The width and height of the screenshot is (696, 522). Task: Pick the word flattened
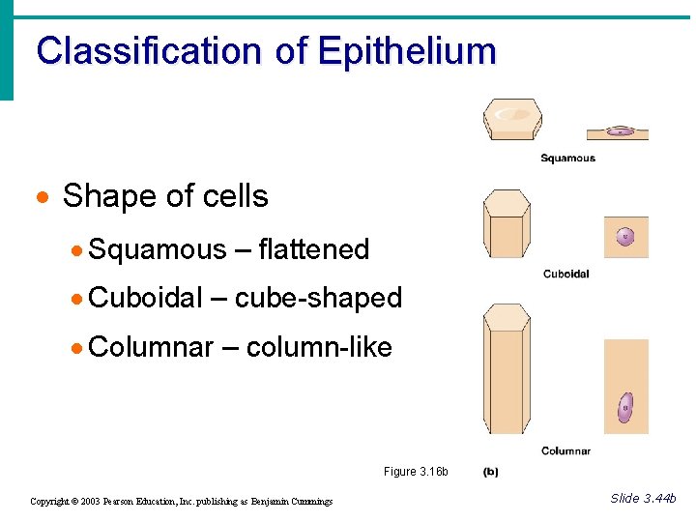point(314,249)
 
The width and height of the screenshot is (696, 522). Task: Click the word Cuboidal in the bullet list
point(145,298)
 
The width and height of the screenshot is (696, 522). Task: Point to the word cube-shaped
point(318,298)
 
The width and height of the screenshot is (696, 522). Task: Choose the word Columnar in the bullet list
point(150,346)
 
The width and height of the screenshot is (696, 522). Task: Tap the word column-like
point(319,346)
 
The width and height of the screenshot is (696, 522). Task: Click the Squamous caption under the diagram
point(567,159)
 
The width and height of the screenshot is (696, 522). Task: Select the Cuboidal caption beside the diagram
point(566,275)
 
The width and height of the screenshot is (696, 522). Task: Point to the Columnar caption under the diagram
point(566,450)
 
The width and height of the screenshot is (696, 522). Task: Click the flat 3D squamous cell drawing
point(512,119)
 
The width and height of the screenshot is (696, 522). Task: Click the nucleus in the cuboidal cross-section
point(625,236)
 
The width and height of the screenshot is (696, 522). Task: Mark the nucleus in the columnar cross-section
point(625,407)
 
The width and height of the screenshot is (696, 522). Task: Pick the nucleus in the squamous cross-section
point(619,131)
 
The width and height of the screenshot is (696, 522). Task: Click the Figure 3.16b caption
point(416,472)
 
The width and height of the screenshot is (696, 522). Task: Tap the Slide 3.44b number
point(643,498)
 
